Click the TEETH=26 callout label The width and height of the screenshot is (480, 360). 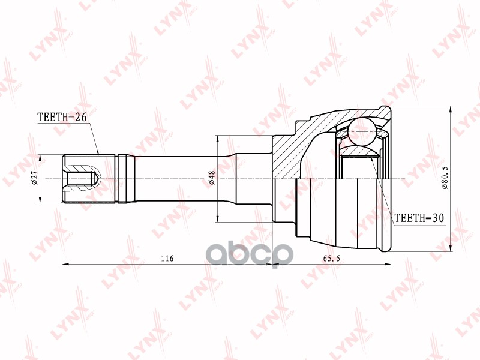(x=62, y=118)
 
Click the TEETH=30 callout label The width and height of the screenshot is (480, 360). (x=418, y=218)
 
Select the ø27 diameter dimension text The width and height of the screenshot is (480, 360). (x=35, y=178)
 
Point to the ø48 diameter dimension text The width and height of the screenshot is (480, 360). (x=211, y=178)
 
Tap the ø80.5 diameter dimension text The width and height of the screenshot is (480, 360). (x=445, y=178)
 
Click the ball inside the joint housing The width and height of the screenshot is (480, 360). (x=362, y=128)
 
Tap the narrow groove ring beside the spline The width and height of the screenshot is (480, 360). (x=122, y=179)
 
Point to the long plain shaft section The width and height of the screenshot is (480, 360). (x=180, y=179)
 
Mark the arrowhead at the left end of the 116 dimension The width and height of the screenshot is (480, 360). (x=65, y=263)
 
